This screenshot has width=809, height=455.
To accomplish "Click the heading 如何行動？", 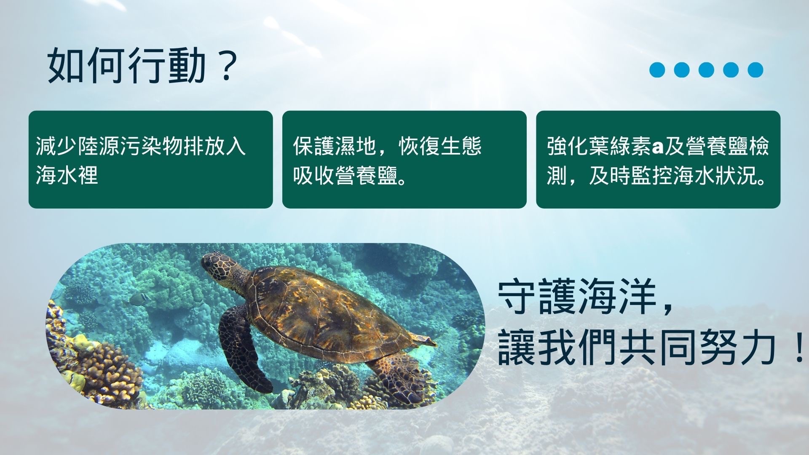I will click(141, 66).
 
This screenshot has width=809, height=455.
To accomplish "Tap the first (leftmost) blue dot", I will click(657, 70).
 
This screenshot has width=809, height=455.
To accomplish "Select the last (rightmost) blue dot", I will click(755, 70).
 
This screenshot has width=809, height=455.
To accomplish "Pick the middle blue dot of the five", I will click(706, 70).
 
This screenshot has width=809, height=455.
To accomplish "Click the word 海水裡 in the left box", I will click(67, 175).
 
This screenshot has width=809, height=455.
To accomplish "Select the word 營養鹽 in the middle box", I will click(367, 175).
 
